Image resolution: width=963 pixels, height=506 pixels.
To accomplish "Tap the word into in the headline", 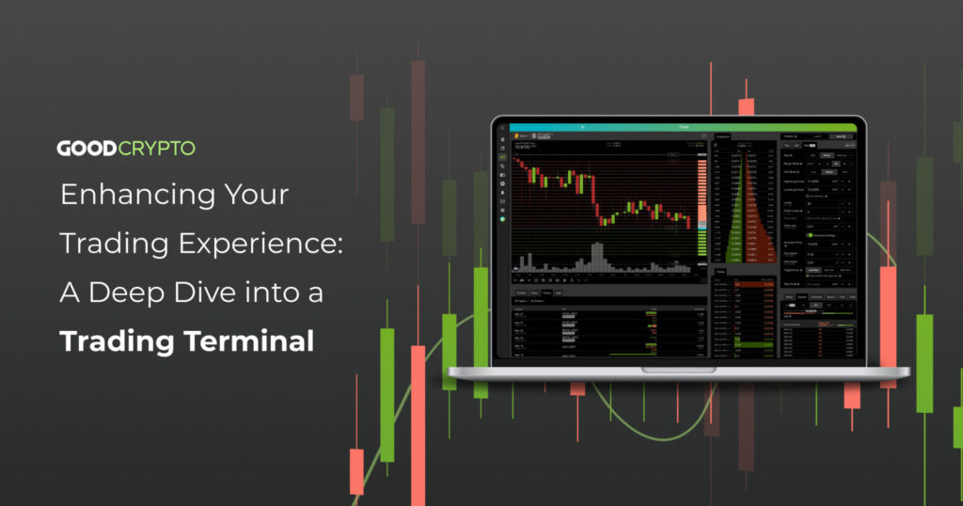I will [x=278, y=293].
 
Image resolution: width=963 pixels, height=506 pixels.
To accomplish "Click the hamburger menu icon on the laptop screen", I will [x=502, y=127].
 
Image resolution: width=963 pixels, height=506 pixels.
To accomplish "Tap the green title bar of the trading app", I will [x=682, y=127].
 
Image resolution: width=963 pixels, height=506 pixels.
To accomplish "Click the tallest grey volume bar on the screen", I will [x=596, y=257].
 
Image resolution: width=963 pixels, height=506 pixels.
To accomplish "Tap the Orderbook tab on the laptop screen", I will [x=723, y=137].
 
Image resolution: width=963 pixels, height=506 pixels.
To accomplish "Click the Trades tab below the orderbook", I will [x=721, y=272].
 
